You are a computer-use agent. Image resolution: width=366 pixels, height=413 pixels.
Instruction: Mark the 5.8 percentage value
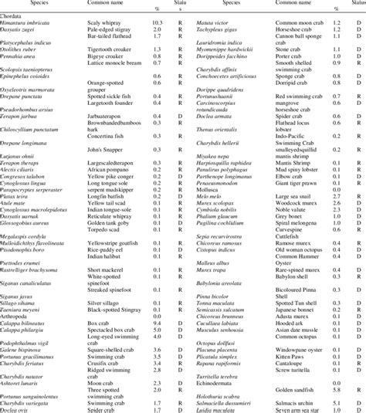337,391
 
